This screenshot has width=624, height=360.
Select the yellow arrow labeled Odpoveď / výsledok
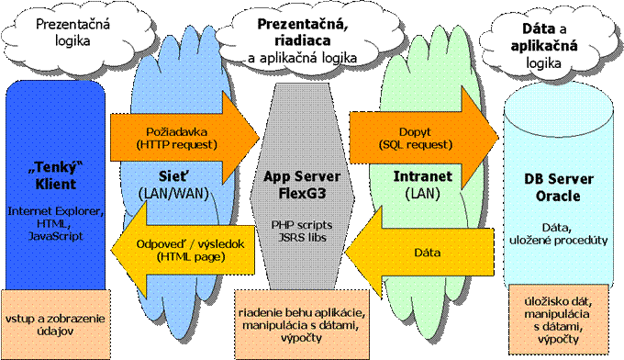pyautogui.click(x=183, y=250)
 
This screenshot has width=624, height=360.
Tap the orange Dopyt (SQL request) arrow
pyautogui.click(x=424, y=138)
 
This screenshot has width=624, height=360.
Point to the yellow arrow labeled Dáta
pyautogui.click(x=420, y=252)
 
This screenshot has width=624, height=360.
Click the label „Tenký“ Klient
pyautogui.click(x=56, y=175)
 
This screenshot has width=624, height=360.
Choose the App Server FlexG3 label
pyautogui.click(x=302, y=185)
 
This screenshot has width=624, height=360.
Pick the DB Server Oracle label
pyautogui.click(x=558, y=187)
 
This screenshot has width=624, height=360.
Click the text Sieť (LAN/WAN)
pyautogui.click(x=173, y=185)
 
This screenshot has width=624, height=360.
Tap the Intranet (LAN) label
pyautogui.click(x=423, y=185)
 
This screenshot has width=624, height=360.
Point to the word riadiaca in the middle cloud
pyautogui.click(x=303, y=40)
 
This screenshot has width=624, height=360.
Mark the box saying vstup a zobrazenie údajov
pyautogui.click(x=55, y=324)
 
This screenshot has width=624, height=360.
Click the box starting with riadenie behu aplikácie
pyautogui.click(x=302, y=324)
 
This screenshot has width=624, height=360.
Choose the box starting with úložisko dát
pyautogui.click(x=558, y=320)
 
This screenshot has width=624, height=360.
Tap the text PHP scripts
pyautogui.click(x=302, y=225)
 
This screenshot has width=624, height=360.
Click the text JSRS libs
pyautogui.click(x=302, y=238)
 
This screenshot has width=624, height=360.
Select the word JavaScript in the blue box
pyautogui.click(x=56, y=236)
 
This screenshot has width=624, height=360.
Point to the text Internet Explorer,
pyautogui.click(x=56, y=211)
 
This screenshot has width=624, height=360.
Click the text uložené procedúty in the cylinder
pyautogui.click(x=558, y=240)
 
